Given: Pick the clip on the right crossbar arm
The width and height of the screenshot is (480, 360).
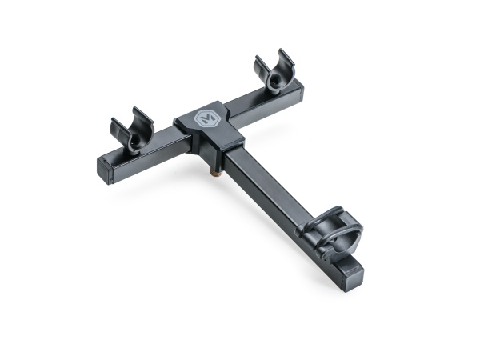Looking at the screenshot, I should tap(274, 74).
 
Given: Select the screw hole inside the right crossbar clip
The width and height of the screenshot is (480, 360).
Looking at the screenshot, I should tap(277, 80).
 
